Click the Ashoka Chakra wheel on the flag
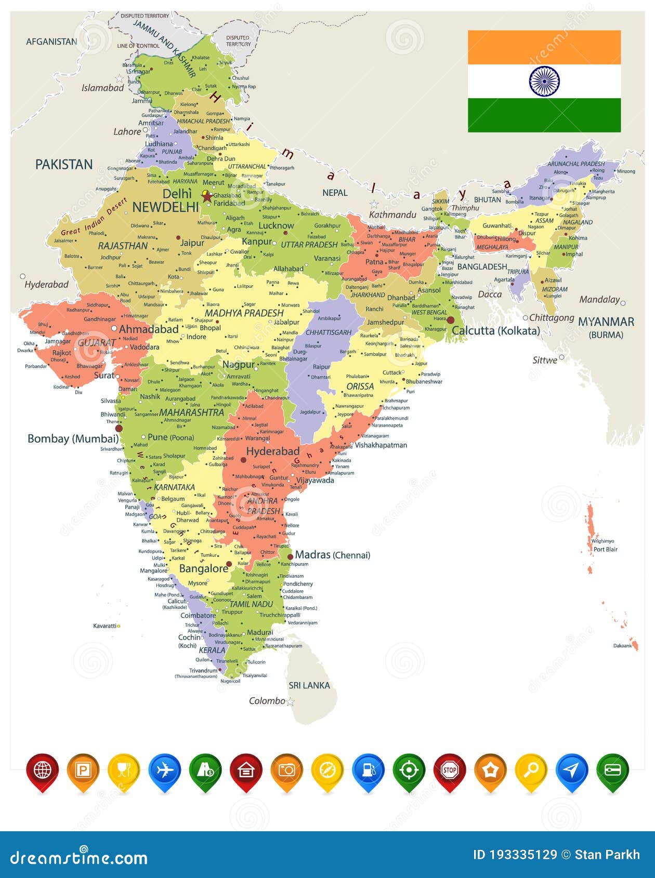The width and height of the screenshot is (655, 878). tap(544, 81)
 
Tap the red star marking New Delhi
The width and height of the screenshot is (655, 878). tap(207, 196)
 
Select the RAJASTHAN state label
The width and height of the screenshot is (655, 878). tap(123, 245)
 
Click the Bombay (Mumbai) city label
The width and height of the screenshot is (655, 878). tap(73, 438)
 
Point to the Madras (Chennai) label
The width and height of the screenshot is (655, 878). tap(333, 555)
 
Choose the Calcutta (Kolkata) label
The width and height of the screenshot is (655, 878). tap(496, 330)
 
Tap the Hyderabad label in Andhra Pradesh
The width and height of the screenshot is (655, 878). tap(272, 451)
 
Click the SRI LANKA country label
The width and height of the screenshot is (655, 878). tap(309, 685)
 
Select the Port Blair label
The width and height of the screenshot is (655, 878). tap(606, 549)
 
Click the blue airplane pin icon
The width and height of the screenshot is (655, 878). tap(164, 770)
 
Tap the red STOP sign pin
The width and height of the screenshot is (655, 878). tap(450, 770)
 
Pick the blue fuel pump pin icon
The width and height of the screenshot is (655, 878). tap(368, 770)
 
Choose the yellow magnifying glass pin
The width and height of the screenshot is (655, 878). tap(531, 770)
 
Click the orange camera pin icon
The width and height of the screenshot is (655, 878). tap(286, 770)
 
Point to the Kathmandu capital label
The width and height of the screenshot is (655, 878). tap(392, 215)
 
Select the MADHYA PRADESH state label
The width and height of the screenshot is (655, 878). tap(244, 313)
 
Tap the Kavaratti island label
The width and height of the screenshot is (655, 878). tap(104, 626)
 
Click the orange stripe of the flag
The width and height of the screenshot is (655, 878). tap(544, 47)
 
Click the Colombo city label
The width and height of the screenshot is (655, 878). tap(267, 701)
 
